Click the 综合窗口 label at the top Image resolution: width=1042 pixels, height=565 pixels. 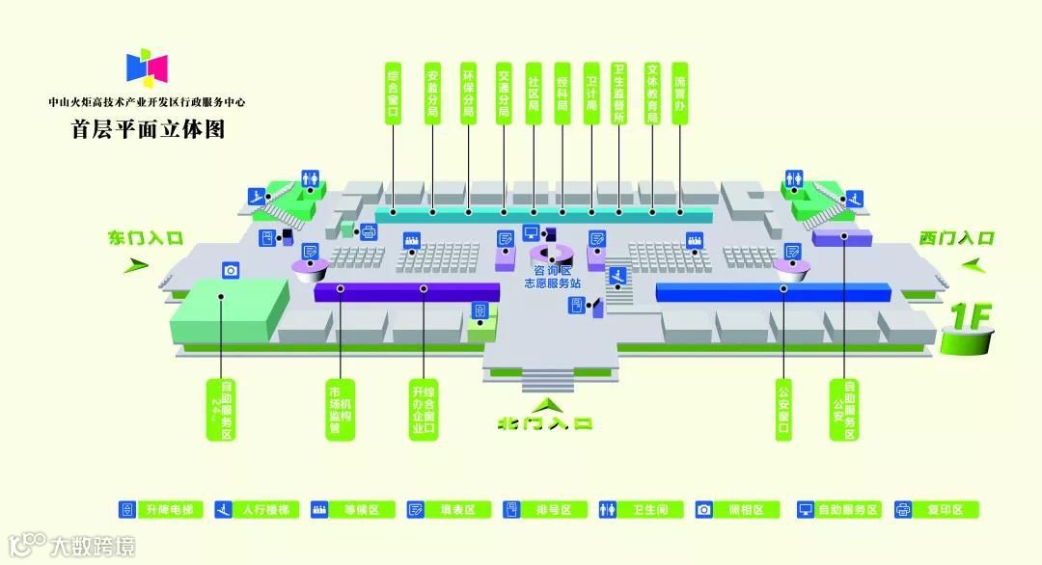[x=393, y=93]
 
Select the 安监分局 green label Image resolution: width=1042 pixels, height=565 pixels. [x=432, y=93]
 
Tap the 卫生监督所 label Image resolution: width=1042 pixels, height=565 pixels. [x=619, y=93]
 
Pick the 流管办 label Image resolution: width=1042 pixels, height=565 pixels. [x=680, y=93]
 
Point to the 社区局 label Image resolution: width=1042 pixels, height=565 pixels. [x=533, y=93]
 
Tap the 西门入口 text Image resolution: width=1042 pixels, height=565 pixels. [x=956, y=237]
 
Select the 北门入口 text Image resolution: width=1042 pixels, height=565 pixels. [x=545, y=422]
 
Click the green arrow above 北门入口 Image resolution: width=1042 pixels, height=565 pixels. [x=546, y=403]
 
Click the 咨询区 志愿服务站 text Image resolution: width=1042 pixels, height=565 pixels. [x=552, y=278]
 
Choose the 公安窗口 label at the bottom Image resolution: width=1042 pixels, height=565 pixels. [x=782, y=409]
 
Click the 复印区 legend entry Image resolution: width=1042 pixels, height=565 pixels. [x=936, y=509]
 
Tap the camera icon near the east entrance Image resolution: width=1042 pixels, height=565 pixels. [x=231, y=271]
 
